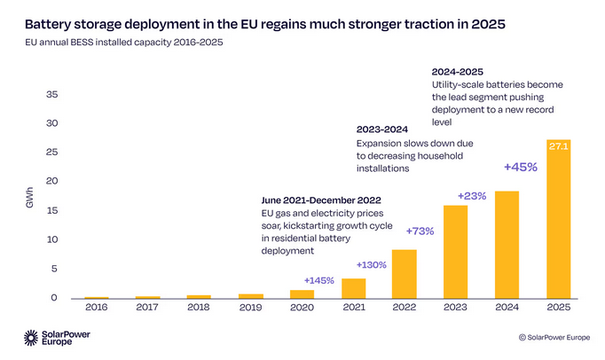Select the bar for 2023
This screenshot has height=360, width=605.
click(x=455, y=252)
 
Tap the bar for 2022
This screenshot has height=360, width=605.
click(x=405, y=274)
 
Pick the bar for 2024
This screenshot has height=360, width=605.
click(x=507, y=245)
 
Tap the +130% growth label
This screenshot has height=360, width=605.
click(x=372, y=264)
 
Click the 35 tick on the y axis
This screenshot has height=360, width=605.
click(x=52, y=94)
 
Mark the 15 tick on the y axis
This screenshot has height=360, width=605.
click(x=52, y=210)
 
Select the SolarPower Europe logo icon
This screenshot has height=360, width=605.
click(x=32, y=338)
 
